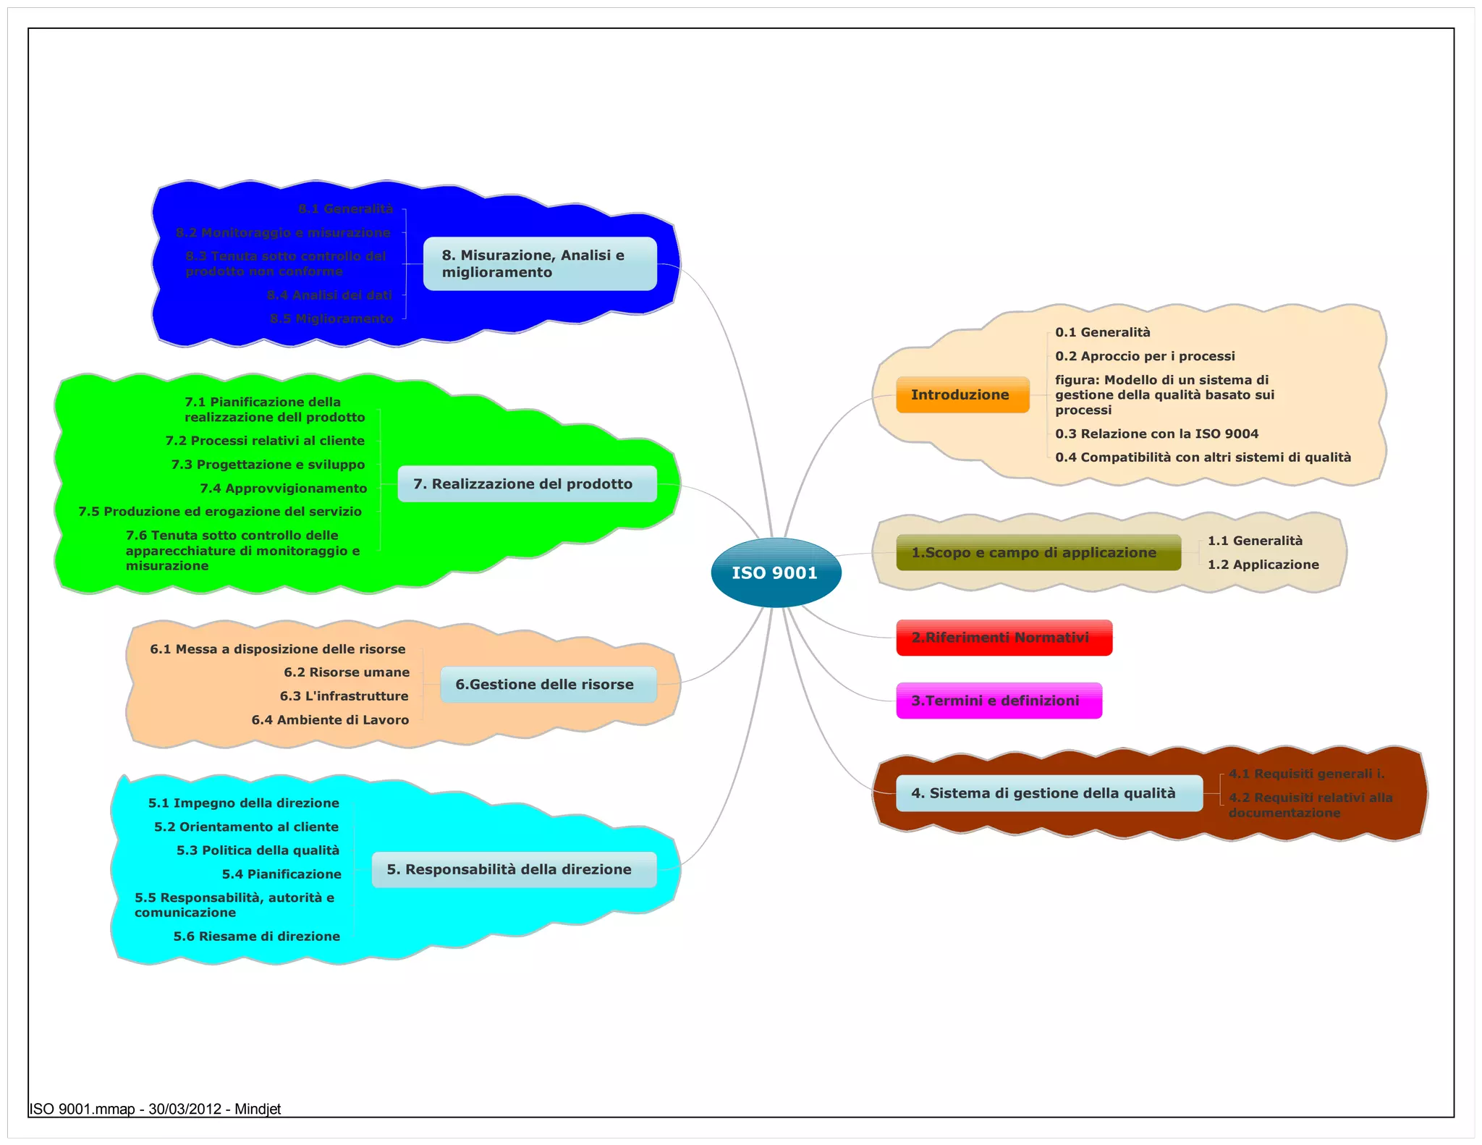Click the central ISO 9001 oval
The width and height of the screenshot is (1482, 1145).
pyautogui.click(x=776, y=572)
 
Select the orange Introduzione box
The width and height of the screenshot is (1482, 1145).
pyautogui.click(x=962, y=394)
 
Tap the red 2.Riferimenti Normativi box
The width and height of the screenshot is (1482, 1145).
pyautogui.click(x=1004, y=638)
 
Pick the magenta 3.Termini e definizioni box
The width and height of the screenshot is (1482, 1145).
pyautogui.click(x=999, y=701)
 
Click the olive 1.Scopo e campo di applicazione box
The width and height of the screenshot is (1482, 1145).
pyautogui.click(x=1038, y=553)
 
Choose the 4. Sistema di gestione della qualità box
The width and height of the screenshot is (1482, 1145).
pyautogui.click(x=1049, y=793)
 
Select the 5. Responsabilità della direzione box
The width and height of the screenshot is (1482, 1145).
pyautogui.click(x=514, y=869)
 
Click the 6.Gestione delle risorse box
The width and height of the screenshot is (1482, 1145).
pyautogui.click(x=548, y=685)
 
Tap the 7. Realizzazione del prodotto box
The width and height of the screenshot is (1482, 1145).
pyautogui.click(x=527, y=484)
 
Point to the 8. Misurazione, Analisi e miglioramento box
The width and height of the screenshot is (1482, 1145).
pyautogui.click(x=539, y=263)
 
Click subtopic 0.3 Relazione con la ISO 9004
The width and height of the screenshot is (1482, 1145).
pyautogui.click(x=1156, y=434)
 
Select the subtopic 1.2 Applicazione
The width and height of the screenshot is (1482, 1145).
pyautogui.click(x=1263, y=565)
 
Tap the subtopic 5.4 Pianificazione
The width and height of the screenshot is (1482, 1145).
pyautogui.click(x=281, y=874)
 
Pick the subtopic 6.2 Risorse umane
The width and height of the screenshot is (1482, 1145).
pyautogui.click(x=347, y=672)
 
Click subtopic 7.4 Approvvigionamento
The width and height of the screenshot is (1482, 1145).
pyautogui.click(x=284, y=489)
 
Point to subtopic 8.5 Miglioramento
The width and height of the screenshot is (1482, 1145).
pyautogui.click(x=331, y=319)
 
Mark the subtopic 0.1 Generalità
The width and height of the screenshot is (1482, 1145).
pyautogui.click(x=1102, y=332)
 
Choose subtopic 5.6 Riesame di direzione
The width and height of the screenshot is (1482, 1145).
pyautogui.click(x=256, y=937)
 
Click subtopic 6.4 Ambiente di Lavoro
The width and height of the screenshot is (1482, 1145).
pyautogui.click(x=330, y=720)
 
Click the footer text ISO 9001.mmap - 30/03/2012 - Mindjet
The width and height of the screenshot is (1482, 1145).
pyautogui.click(x=155, y=1110)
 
